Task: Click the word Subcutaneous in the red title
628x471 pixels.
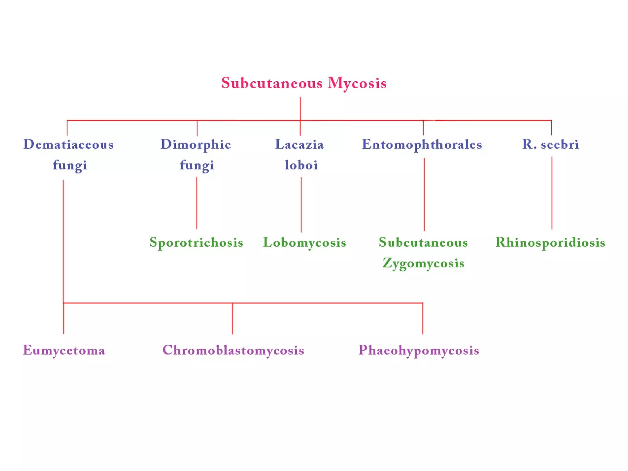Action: pos(272,83)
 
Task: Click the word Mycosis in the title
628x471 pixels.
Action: pos(357,83)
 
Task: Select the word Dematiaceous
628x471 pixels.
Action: pos(68,144)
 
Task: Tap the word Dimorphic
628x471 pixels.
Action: pos(196,144)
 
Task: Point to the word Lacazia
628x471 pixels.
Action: pos(299,144)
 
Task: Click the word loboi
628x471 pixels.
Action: pos(301,165)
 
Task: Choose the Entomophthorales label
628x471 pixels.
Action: pos(422,144)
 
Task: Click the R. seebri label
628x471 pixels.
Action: pos(550,144)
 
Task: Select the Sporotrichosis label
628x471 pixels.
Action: pos(196,243)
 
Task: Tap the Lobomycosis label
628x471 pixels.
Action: pos(304,243)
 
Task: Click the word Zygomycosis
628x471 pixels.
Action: pos(423,263)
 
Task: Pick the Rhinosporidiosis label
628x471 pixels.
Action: pos(550,243)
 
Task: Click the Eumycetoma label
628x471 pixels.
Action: pos(64,350)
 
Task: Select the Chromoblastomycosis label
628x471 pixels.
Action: pos(233,350)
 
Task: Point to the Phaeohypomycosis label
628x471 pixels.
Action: pos(419,350)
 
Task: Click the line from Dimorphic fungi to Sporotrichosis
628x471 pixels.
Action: pos(197,203)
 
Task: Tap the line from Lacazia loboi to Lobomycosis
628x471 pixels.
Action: pos(301,205)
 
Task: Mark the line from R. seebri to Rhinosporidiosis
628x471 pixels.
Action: pos(552,193)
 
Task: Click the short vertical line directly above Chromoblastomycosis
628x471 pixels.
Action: pos(232,319)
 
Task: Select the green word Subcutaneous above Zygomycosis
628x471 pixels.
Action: pos(423,243)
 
